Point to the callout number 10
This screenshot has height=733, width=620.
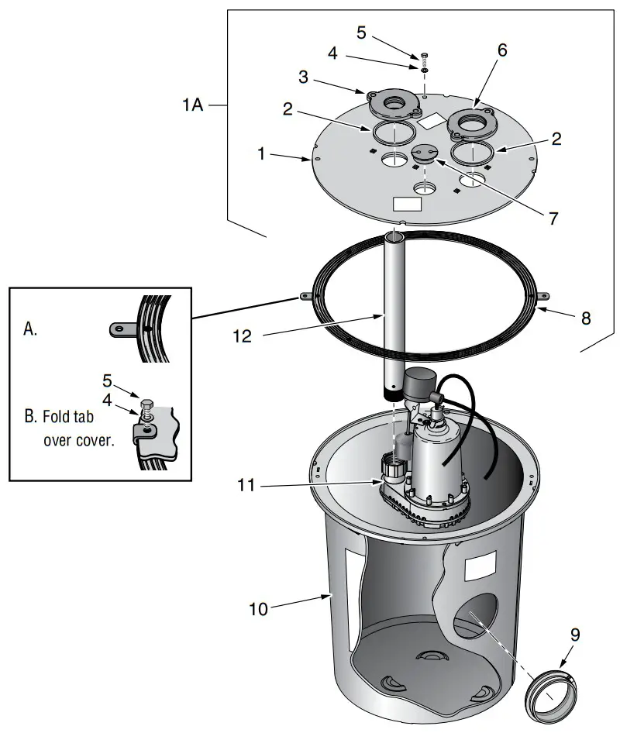coord(258,609)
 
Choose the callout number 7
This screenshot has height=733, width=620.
coord(553,219)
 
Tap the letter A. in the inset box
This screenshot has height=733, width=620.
coord(30,329)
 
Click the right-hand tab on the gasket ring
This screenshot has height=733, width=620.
coord(545,294)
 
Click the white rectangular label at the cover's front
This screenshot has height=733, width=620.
coord(408,204)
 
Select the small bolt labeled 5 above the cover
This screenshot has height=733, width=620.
coord(425,57)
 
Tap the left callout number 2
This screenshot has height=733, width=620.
coord(288,109)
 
